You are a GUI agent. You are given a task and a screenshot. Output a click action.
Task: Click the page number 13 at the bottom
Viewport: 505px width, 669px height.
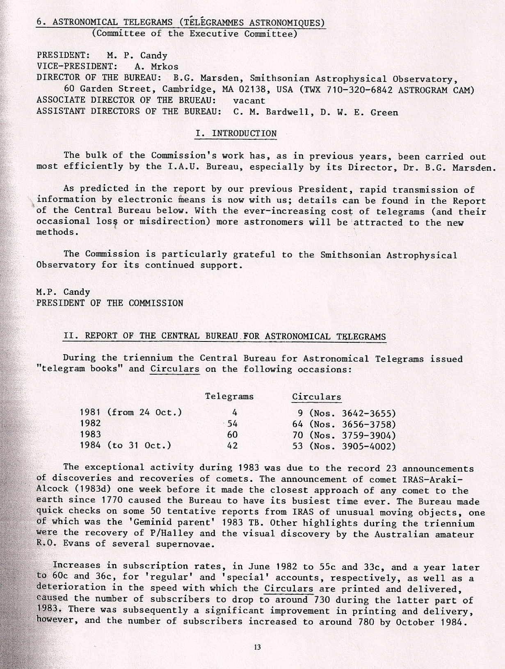257,648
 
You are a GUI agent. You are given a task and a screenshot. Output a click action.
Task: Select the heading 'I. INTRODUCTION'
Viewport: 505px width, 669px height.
235,134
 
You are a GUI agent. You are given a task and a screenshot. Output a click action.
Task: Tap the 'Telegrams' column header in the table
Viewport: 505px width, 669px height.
229,396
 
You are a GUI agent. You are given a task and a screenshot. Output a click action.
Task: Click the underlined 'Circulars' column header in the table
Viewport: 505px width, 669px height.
316,397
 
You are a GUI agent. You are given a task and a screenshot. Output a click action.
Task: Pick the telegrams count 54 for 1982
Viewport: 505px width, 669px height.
232,424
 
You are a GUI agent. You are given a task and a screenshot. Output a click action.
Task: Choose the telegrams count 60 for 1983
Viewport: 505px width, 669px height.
232,435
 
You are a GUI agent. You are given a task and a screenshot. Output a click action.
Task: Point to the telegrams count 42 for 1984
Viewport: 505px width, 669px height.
232,446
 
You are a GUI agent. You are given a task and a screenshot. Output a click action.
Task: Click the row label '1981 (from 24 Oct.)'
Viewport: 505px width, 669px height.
131,412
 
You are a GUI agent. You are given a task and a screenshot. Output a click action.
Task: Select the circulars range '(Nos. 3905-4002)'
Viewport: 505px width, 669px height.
352,446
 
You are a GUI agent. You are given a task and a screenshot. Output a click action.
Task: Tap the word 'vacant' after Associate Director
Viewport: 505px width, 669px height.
249,100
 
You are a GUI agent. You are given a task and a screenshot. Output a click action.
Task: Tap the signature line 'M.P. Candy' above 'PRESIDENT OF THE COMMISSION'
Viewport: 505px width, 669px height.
63,292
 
